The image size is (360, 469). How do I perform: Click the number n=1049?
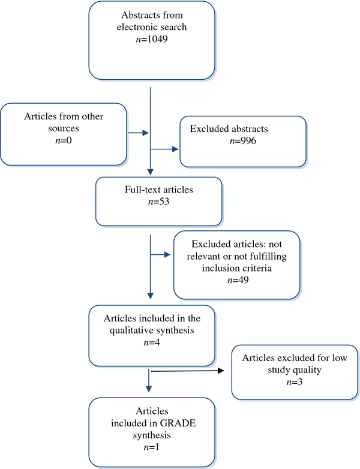coord(152,39)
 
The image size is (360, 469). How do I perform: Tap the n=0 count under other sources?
coord(64,140)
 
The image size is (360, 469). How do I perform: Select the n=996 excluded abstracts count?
coord(243,140)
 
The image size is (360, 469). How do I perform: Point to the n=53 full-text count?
coord(158,202)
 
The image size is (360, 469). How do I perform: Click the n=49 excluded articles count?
coord(238,280)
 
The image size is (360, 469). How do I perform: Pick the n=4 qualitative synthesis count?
coord(152,342)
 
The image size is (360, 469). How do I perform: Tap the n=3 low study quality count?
coord(295,381)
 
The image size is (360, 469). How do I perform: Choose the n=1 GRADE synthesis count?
coord(152,447)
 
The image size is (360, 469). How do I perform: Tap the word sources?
coord(64,128)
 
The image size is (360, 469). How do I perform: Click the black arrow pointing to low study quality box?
coord(187,371)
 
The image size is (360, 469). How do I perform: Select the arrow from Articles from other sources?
coord(139,133)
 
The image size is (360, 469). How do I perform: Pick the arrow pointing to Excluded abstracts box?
coord(164,149)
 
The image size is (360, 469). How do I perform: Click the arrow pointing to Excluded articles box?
coord(160,254)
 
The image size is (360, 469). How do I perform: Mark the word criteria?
coord(257,268)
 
